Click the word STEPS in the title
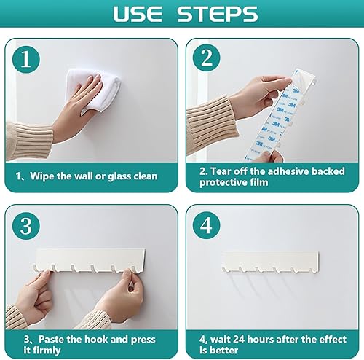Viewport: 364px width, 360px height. (x=217, y=14)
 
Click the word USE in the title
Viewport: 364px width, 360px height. (x=138, y=14)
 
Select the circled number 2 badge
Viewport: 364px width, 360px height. (x=207, y=58)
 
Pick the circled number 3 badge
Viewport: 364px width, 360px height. (x=26, y=226)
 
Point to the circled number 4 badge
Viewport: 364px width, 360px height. (x=207, y=226)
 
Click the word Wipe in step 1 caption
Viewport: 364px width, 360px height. (x=41, y=176)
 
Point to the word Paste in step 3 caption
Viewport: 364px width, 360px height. (x=51, y=339)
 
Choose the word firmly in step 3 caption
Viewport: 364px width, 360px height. (x=47, y=351)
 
